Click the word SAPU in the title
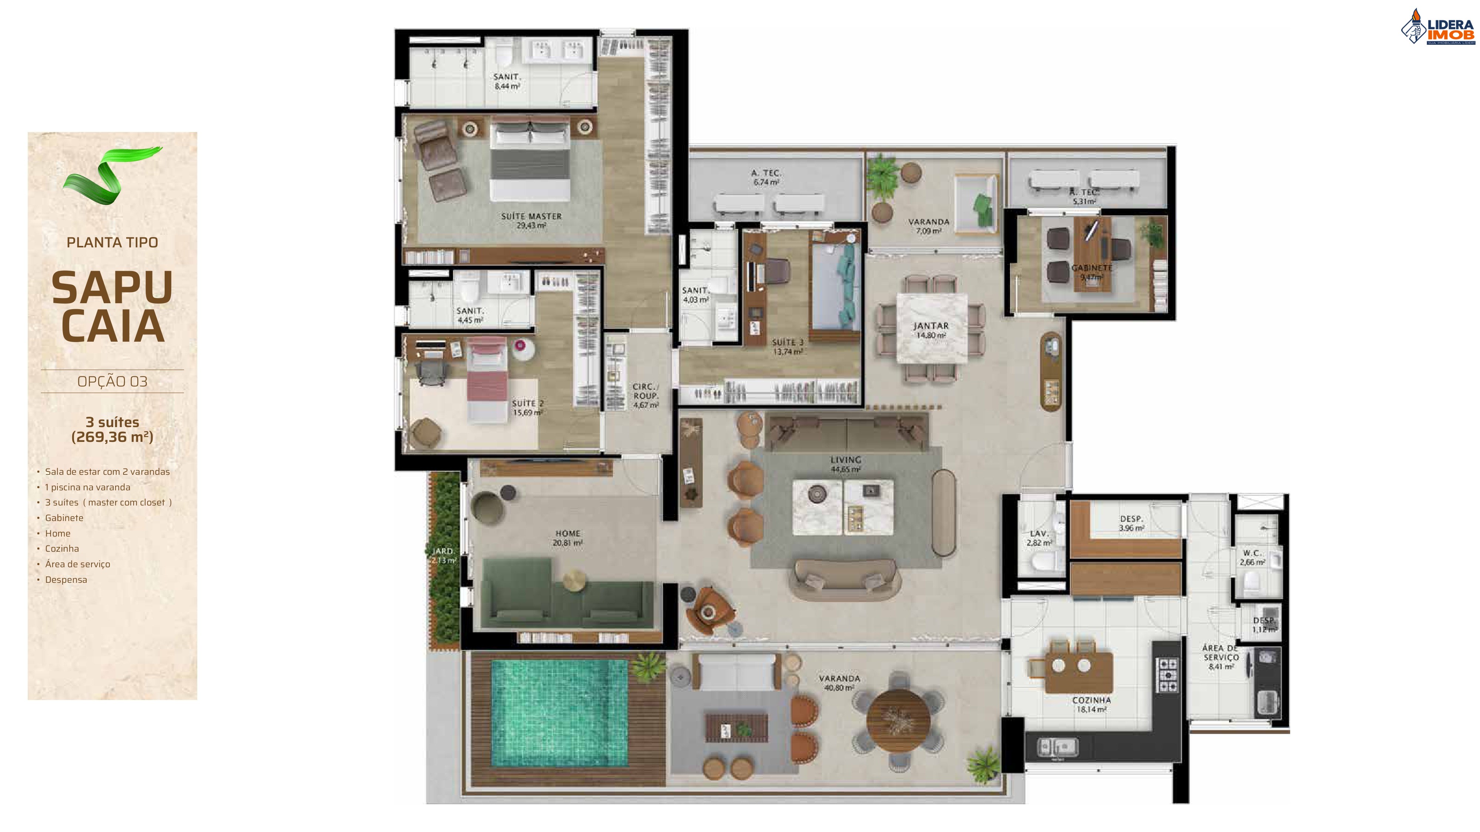112,287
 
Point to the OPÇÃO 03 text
112,381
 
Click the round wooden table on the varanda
897,720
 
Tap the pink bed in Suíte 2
487,379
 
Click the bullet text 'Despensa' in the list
66,579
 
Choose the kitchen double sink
1057,747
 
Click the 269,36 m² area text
112,437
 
